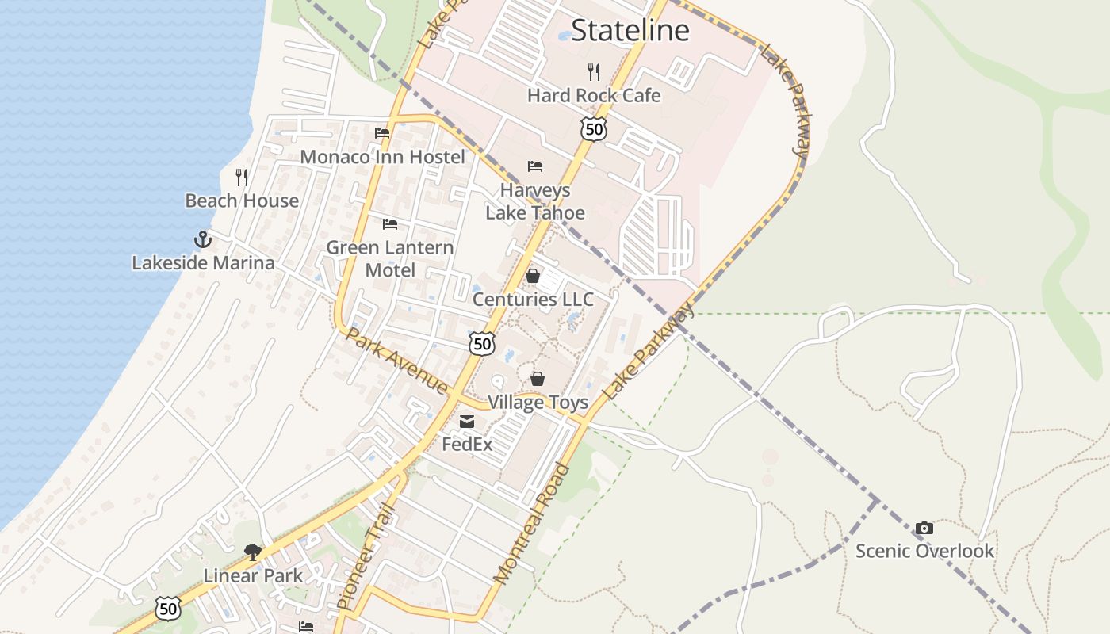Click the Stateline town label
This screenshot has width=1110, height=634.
click(x=630, y=30)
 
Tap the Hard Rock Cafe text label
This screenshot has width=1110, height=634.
click(x=594, y=95)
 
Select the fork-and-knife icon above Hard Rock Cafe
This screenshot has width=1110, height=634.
click(x=594, y=72)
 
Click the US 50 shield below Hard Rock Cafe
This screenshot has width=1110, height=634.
click(x=593, y=128)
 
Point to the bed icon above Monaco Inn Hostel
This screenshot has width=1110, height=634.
click(x=382, y=133)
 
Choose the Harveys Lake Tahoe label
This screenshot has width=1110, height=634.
click(x=535, y=201)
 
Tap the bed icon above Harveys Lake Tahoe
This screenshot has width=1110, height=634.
click(x=535, y=166)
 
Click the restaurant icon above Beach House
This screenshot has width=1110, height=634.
click(x=242, y=178)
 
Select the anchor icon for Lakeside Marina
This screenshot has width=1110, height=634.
click(x=203, y=239)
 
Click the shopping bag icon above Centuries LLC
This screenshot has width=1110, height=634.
click(x=533, y=276)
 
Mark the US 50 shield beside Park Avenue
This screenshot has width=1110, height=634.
click(x=482, y=343)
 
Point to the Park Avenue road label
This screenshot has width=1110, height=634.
click(x=396, y=360)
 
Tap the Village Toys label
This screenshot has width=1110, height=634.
click(x=538, y=403)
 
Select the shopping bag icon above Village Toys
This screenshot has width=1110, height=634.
click(x=538, y=380)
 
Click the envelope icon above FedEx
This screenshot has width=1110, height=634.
click(x=467, y=422)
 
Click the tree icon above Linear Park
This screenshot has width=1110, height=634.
click(x=253, y=552)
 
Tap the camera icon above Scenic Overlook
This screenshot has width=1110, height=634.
click(x=924, y=528)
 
